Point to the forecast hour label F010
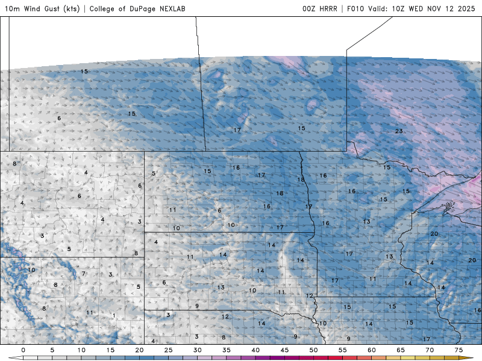pos(355,9)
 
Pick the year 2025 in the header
pos(466,9)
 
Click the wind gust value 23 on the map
pos(399,131)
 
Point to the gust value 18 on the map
pos(301,180)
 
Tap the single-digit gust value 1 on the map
pos(113,315)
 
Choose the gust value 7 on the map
pos(84,274)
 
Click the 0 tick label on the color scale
pos(23,350)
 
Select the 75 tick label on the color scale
pos(459,350)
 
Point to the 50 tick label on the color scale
pos(313,350)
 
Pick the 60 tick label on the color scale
pos(372,350)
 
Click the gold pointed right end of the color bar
pos(470,357)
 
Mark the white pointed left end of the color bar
pos(11,357)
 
